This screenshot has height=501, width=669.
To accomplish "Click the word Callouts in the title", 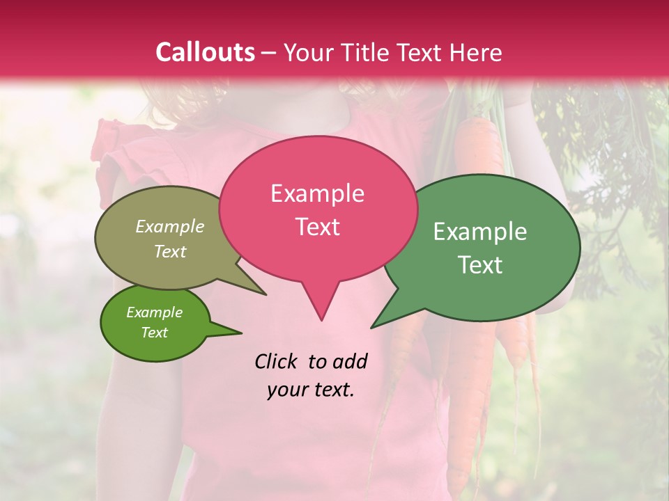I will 205,52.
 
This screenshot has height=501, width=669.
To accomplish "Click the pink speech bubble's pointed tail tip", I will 321,319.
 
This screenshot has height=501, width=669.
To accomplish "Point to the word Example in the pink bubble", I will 317,193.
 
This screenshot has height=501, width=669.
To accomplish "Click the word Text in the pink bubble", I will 317,227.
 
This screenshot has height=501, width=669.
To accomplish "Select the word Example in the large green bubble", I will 480,232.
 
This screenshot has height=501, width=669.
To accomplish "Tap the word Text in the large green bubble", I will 480,265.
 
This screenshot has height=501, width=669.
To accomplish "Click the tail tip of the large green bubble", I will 371,327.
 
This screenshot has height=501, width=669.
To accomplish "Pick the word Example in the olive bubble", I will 170,227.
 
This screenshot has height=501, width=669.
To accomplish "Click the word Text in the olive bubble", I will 170,251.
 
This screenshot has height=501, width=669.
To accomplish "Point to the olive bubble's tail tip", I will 266,294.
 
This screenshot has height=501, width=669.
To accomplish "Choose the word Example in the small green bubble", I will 154,312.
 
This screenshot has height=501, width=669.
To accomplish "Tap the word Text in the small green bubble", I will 154,333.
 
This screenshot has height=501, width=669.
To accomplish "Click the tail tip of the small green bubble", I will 241,333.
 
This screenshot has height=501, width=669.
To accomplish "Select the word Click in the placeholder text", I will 277,361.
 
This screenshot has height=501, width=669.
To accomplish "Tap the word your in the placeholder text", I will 287,390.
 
